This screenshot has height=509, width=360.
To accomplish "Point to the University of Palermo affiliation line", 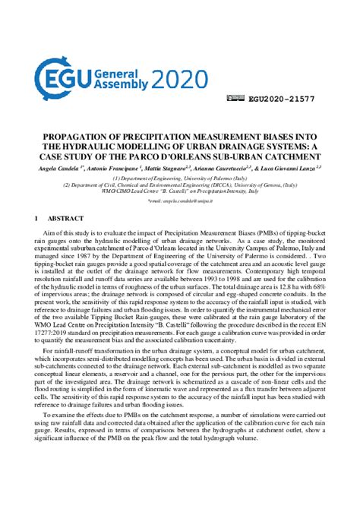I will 180,176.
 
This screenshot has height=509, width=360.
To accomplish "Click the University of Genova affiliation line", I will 180,184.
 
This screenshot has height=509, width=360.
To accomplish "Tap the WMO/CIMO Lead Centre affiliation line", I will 180,191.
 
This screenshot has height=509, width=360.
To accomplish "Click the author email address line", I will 180,201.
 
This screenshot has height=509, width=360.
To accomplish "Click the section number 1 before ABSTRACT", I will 38,219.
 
